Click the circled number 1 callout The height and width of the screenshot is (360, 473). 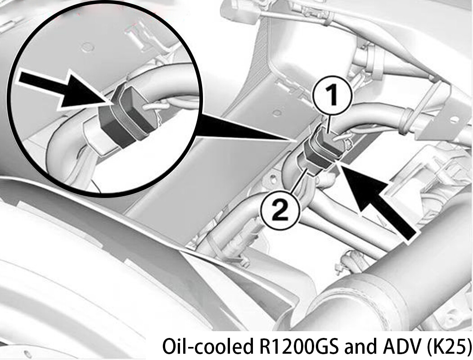point(332,95)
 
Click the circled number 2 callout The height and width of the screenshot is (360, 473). point(280,210)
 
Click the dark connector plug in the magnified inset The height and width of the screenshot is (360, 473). point(127,116)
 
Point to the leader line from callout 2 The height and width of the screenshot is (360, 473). point(299,180)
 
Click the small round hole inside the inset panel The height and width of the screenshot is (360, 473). point(88,47)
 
